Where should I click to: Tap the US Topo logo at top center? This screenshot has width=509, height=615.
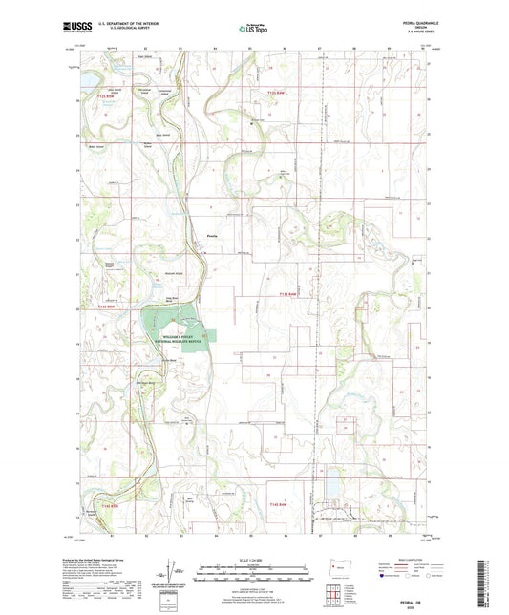coord(254,30)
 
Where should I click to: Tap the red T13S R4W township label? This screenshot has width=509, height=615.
coord(289,293)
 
